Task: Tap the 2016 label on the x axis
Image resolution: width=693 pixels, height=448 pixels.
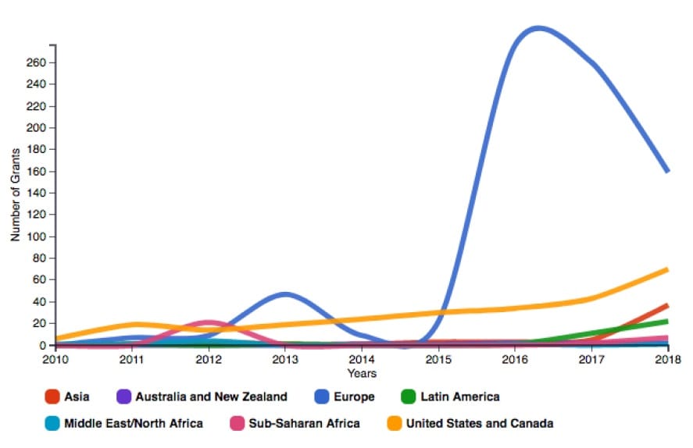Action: point(514,360)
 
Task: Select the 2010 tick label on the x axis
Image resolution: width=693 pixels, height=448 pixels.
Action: point(55,360)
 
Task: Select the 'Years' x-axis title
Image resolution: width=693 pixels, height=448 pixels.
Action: point(362,373)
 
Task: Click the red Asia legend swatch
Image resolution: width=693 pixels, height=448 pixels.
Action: point(52,397)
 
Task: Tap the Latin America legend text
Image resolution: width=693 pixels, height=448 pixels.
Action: point(459,397)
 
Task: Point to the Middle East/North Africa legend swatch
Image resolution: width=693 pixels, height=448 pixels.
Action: point(52,424)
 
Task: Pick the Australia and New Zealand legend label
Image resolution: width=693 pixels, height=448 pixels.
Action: point(211,397)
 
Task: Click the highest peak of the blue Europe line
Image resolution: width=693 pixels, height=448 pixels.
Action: point(538,29)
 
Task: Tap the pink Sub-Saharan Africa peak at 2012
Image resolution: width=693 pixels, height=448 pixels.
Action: point(208,322)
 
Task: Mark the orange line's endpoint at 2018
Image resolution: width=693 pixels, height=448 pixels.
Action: point(667,269)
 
